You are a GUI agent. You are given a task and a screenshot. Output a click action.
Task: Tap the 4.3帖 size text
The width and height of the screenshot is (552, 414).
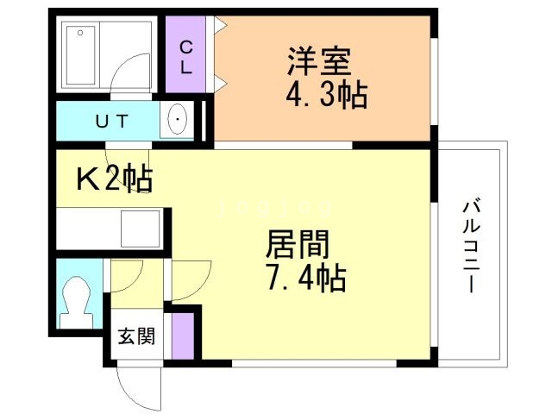(x=327, y=93)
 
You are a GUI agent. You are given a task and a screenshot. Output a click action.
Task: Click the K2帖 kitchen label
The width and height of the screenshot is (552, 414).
(x=115, y=179)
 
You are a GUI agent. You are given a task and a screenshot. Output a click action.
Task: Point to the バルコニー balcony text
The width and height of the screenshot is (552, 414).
(x=470, y=247)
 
